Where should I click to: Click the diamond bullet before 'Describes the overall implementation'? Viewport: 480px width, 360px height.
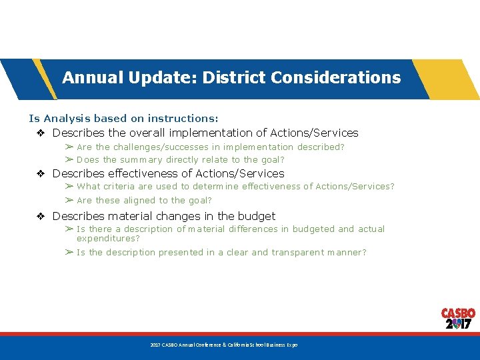[41, 133]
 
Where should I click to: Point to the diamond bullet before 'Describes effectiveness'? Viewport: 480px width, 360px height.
[41, 173]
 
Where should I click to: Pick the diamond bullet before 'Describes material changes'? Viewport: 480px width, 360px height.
[41, 216]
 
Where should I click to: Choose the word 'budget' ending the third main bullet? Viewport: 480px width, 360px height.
[257, 216]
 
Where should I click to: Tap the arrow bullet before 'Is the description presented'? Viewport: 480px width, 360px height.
[69, 253]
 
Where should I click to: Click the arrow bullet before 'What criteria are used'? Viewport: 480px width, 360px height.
[69, 187]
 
